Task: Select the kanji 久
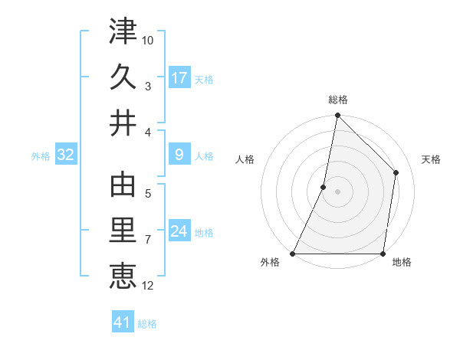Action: (x=123, y=77)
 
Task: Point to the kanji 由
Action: (x=123, y=186)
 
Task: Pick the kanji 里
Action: (x=123, y=231)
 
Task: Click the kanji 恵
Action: (x=123, y=275)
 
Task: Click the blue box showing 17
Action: (x=179, y=77)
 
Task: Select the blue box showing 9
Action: (x=179, y=155)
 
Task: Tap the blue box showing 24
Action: (x=179, y=231)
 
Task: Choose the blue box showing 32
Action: (x=66, y=155)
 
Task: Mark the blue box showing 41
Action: (x=123, y=323)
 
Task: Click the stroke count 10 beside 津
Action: (x=149, y=40)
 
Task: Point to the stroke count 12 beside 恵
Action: (x=149, y=286)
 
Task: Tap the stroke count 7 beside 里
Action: (x=148, y=240)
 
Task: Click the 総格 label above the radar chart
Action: (x=338, y=100)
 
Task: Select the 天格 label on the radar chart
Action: (x=432, y=160)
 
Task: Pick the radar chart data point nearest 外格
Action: (x=293, y=254)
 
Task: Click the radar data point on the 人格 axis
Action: (x=324, y=187)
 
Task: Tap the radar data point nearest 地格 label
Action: (x=383, y=254)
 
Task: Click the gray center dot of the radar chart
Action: (x=338, y=191)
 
